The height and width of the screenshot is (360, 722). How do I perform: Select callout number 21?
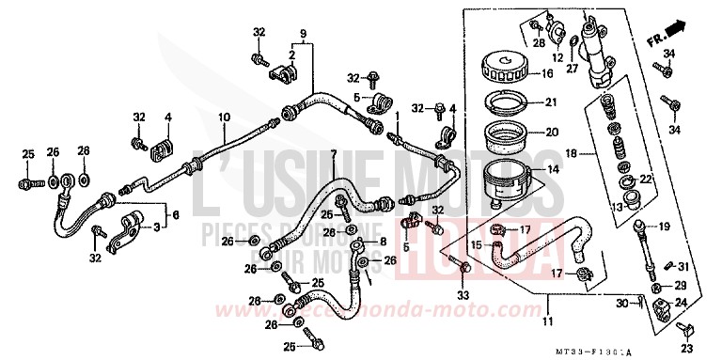pyautogui.click(x=551, y=102)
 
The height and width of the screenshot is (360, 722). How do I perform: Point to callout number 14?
pyautogui.click(x=551, y=170)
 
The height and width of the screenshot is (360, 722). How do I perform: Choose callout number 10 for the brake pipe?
pyautogui.click(x=224, y=117)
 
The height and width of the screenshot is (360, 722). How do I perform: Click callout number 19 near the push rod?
pyautogui.click(x=665, y=226)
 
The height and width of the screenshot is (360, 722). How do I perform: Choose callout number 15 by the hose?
pyautogui.click(x=477, y=244)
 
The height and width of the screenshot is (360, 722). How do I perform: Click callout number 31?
pyautogui.click(x=683, y=267)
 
